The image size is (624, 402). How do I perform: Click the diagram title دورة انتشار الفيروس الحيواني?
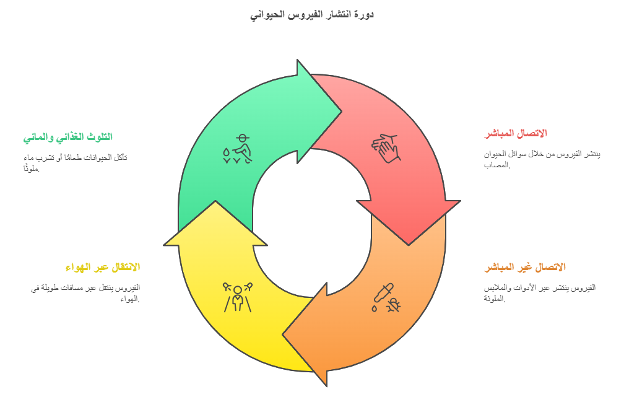tap(312, 15)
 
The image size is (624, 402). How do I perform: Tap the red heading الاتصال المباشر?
tap(515, 133)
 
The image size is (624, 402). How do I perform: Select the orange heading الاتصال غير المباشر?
tap(524, 267)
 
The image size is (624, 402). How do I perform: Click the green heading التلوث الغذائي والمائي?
tap(67, 138)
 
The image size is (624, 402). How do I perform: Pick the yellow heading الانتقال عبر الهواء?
tap(103, 267)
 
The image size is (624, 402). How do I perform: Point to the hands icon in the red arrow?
tap(386, 149)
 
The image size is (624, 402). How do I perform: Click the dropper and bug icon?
tap(386, 298)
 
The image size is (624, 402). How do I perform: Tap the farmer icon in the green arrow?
tap(238, 149)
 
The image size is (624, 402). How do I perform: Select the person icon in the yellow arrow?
tap(238, 297)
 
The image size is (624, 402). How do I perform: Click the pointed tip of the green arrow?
tap(342, 112)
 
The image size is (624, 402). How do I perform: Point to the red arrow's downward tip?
tap(409, 245)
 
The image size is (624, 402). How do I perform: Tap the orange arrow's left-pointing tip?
tap(283, 334)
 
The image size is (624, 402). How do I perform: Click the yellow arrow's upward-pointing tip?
tap(215, 201)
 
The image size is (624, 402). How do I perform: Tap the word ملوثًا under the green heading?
tap(32, 168)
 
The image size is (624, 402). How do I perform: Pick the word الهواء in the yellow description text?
tap(130, 299)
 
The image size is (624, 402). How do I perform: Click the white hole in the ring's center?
tap(312, 223)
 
